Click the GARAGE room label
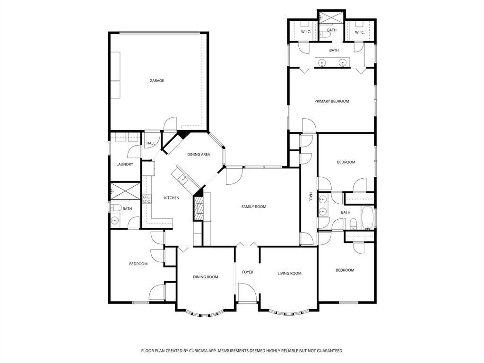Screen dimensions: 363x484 coord(157,81)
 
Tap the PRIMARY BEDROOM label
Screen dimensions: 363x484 coord(332,101)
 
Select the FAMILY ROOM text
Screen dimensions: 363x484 coord(254,207)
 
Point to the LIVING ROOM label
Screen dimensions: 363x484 coord(289,273)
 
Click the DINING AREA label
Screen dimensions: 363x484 coord(199,155)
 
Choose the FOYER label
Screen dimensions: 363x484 coord(248,272)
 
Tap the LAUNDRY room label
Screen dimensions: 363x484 coord(125,164)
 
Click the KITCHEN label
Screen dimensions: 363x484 coord(172,198)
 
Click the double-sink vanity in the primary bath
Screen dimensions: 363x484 coord(332,62)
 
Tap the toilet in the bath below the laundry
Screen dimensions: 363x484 coord(115,207)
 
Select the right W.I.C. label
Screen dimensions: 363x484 coord(360,32)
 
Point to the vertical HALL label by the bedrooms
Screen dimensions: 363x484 coord(311,197)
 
